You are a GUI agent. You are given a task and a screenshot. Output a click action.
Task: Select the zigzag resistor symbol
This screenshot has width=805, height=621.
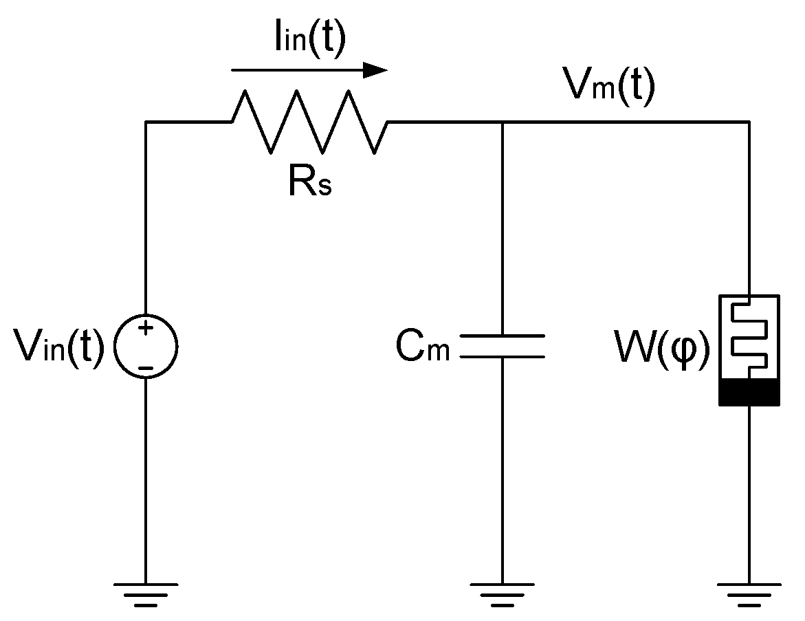310,122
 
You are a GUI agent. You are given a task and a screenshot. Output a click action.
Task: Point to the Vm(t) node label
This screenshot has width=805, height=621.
608,87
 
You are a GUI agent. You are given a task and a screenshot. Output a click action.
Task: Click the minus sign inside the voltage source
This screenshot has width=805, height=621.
146,368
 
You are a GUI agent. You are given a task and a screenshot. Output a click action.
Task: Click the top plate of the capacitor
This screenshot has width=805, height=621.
502,336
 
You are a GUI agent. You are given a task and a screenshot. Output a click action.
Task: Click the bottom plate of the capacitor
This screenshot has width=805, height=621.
502,357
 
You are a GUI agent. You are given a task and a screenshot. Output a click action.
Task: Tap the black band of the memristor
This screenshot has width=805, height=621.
749,392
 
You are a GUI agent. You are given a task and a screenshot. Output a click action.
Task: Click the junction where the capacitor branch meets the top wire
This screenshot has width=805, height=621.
502,122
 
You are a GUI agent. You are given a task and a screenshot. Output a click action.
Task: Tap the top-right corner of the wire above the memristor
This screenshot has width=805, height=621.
749,122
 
